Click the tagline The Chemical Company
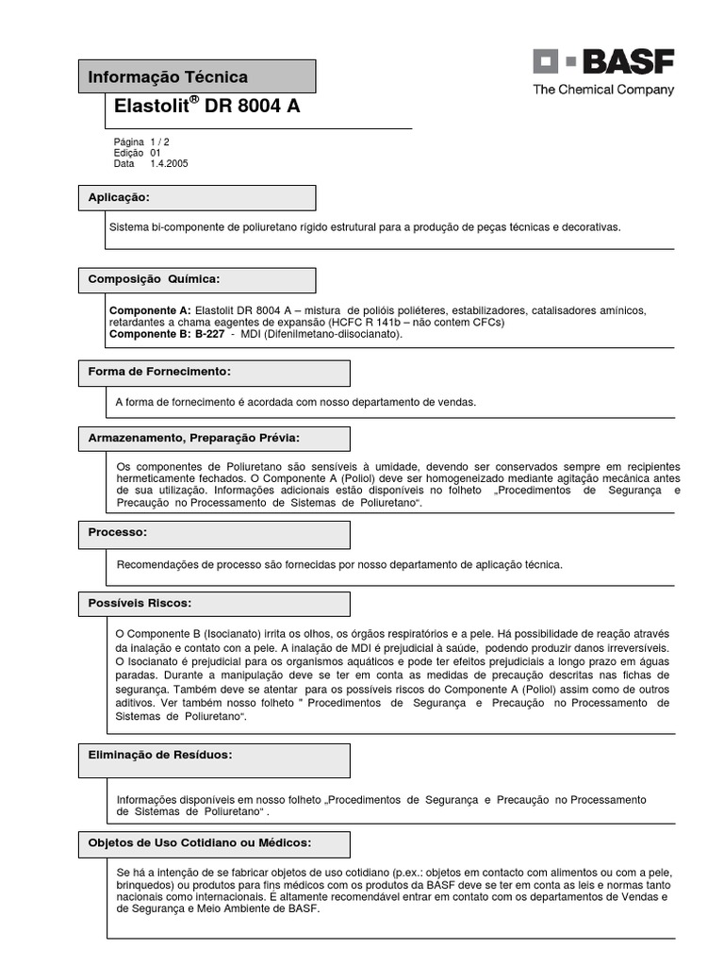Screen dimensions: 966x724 [603, 91]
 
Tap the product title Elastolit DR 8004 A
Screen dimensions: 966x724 [207, 107]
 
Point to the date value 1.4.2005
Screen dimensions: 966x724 [169, 163]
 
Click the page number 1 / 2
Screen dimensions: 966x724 [159, 142]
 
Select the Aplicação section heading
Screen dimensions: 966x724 [119, 197]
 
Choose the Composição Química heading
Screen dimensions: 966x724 [154, 279]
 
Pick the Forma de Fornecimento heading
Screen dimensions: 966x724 [159, 372]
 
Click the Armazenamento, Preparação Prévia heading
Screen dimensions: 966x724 [194, 438]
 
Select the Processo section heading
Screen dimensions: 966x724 [117, 532]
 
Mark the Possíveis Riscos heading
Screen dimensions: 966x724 [140, 602]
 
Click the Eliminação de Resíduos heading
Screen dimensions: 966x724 [160, 755]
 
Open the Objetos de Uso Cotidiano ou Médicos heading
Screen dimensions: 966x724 [200, 842]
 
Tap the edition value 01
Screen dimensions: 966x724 [156, 153]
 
